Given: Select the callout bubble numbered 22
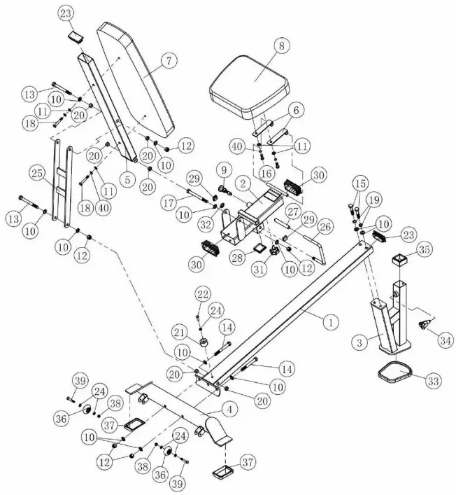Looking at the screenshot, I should [201, 292].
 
